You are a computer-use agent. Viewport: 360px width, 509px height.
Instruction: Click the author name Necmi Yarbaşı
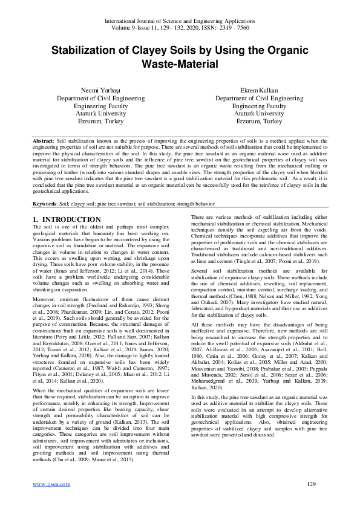(x=90, y=89)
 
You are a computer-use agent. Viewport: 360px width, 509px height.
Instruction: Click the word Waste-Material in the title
(x=180, y=63)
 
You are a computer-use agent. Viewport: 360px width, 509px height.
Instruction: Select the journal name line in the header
(x=180, y=21)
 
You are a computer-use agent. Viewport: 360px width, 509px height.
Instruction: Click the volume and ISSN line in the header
(x=180, y=28)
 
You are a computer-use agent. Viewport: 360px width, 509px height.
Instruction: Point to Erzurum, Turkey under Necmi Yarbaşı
(x=90, y=121)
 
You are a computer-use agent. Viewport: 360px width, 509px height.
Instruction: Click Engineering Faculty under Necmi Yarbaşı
(x=90, y=105)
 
